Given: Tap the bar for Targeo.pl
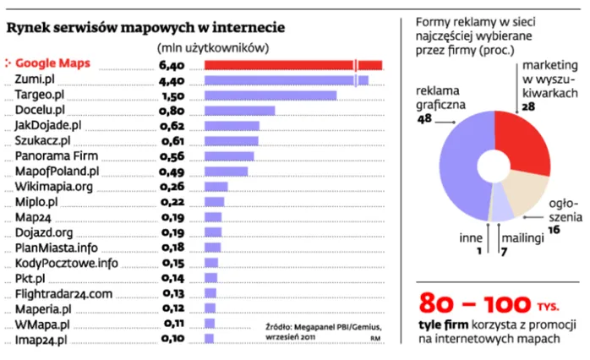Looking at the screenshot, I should tap(271, 95).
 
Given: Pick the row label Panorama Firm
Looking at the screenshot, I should tap(52, 155).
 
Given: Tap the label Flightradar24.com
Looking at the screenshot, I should tap(63, 293).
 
